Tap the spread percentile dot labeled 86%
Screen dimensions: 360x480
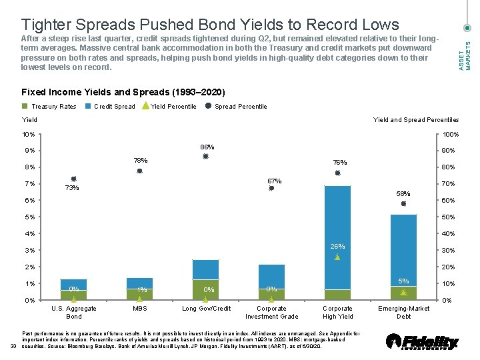(206, 156)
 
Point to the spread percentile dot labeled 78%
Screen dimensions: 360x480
(140, 171)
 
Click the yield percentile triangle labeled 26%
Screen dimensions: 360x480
(337, 257)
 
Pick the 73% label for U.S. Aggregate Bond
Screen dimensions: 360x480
(72, 188)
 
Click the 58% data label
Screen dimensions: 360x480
(403, 194)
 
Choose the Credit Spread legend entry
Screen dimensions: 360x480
(114, 107)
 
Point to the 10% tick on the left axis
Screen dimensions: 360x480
(28, 134)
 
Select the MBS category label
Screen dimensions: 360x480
(140, 309)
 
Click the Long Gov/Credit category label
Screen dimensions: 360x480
(206, 309)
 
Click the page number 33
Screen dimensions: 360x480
(13, 345)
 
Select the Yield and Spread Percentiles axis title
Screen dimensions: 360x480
(415, 120)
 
